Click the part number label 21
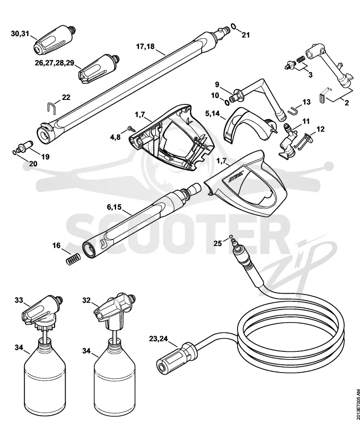click(x=245, y=35)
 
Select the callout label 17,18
click(x=145, y=46)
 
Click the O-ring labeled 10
click(x=227, y=103)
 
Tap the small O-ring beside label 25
click(x=231, y=236)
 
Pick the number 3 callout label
click(x=310, y=75)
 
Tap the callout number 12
click(x=320, y=129)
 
